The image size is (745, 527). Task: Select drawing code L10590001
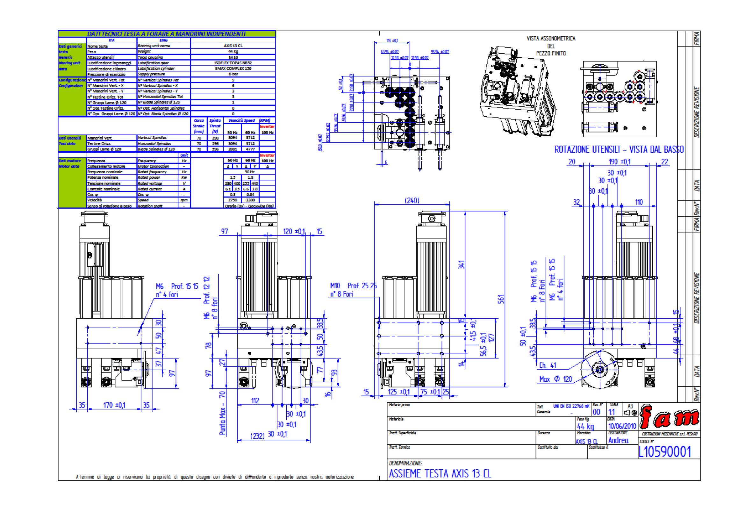click(x=664, y=452)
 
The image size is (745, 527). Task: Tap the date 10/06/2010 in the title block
click(x=622, y=426)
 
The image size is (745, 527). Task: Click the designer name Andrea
click(x=618, y=440)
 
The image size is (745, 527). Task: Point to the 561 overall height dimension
click(x=501, y=299)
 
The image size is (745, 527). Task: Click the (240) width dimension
click(x=412, y=200)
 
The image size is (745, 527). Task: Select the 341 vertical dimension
click(x=462, y=264)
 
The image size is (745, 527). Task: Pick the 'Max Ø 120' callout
click(x=555, y=379)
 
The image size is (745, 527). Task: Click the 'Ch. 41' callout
click(x=548, y=365)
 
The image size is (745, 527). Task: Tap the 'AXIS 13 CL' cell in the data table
click(x=233, y=46)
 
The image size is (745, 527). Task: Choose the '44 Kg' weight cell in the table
click(x=233, y=51)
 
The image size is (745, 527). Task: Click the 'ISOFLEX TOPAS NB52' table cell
click(x=233, y=63)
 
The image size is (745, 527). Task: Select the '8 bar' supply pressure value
click(x=233, y=74)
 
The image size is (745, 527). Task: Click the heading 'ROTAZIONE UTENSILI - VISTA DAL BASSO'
click(x=619, y=150)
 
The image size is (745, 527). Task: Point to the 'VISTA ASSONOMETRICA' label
click(x=551, y=39)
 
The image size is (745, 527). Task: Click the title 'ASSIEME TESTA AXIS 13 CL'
click(x=440, y=474)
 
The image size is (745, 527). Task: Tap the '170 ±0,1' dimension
click(x=114, y=405)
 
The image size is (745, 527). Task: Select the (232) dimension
click(x=257, y=436)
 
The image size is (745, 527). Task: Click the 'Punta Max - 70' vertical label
click(x=222, y=413)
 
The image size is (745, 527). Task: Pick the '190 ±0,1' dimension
click(x=620, y=162)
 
